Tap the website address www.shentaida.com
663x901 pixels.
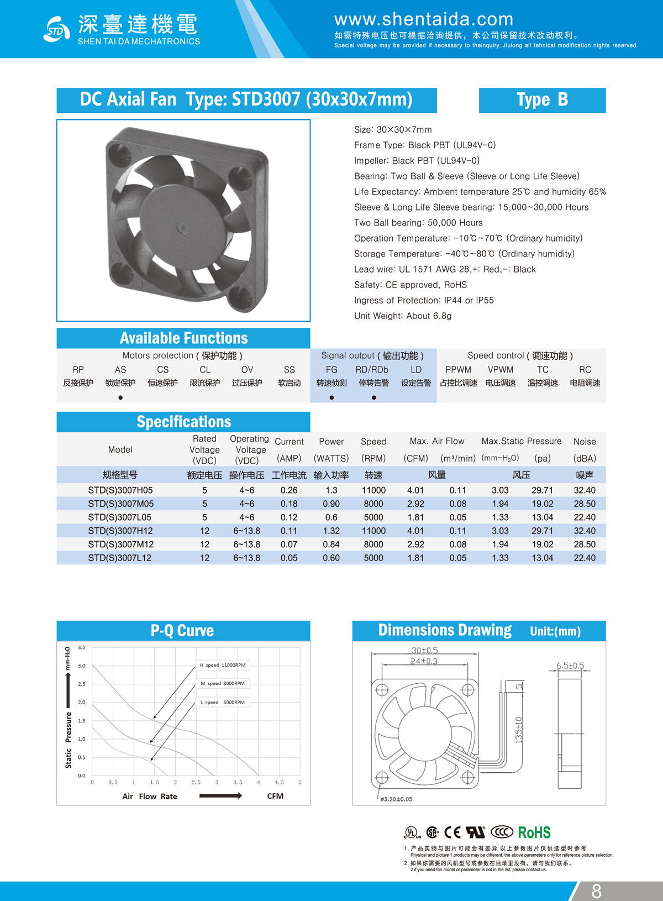[424, 19]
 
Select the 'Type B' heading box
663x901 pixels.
[542, 100]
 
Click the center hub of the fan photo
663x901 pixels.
[182, 226]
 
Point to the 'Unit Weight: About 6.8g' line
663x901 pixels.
[403, 316]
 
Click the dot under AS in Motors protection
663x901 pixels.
[120, 397]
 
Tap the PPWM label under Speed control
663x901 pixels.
[458, 370]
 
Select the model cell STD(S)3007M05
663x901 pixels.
[120, 504]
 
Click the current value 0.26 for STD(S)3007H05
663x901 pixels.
[289, 490]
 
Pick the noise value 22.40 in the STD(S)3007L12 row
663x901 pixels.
[585, 558]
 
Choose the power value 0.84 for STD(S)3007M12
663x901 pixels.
[331, 544]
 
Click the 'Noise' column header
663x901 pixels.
[585, 442]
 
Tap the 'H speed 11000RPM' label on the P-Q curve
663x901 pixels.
[223, 665]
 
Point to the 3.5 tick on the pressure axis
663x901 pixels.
[82, 647]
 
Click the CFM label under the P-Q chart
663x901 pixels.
[275, 796]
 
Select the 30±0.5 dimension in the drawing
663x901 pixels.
[424, 651]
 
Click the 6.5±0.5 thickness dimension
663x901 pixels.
[570, 666]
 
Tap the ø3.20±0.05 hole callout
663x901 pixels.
[396, 799]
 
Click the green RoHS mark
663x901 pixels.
[534, 832]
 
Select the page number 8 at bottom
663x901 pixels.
[596, 891]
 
